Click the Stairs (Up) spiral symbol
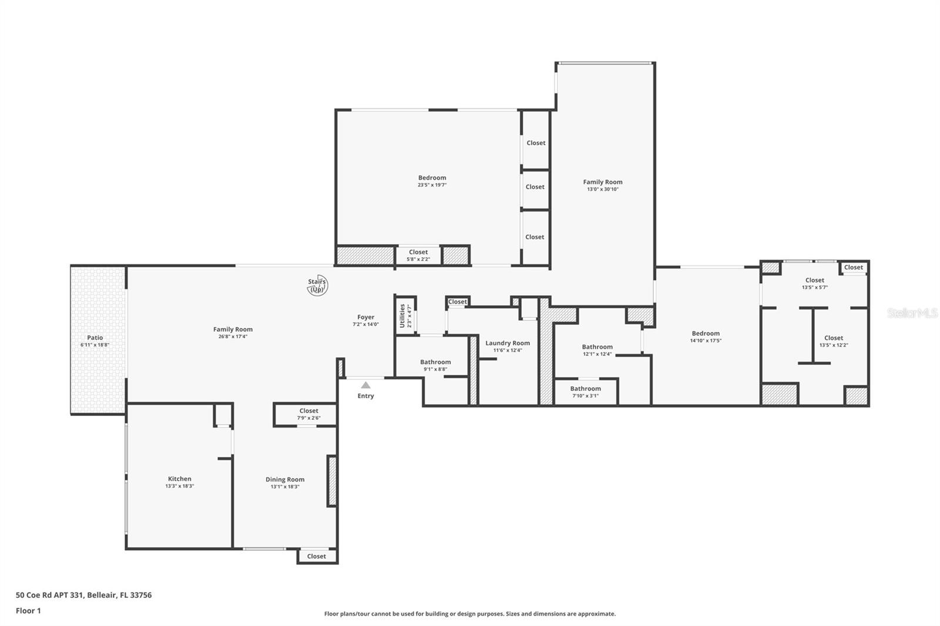[x=317, y=285]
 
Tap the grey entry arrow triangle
[x=365, y=385]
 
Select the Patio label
[x=95, y=337]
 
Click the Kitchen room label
[x=180, y=479]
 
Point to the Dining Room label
[x=285, y=479]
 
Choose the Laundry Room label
[x=508, y=343]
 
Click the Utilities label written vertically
[x=402, y=316]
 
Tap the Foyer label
[x=365, y=317]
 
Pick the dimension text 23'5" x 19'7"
[x=432, y=184]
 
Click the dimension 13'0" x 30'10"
[x=603, y=189]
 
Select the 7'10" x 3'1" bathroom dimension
[x=585, y=396]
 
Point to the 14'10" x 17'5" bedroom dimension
[x=706, y=340]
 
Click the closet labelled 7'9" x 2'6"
[x=309, y=414]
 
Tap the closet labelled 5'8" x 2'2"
[x=418, y=255]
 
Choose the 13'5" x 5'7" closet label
[x=814, y=283]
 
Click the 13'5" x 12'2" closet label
[x=834, y=341]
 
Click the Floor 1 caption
[x=28, y=611]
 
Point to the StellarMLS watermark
[x=912, y=312]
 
